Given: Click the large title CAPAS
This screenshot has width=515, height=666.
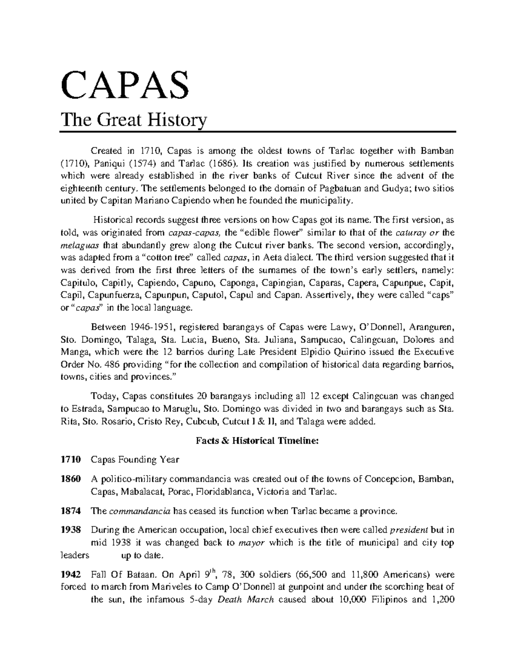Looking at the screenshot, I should tap(125, 85).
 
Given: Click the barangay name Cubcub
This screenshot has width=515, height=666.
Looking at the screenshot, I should tap(202, 421).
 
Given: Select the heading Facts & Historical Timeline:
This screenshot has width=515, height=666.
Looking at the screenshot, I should tap(257, 440).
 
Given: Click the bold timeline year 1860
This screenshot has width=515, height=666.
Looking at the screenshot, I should tap(70, 479).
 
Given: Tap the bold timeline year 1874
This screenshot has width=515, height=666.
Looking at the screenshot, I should tap(70, 511).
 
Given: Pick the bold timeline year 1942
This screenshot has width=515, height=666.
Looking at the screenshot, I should tap(70, 574).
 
